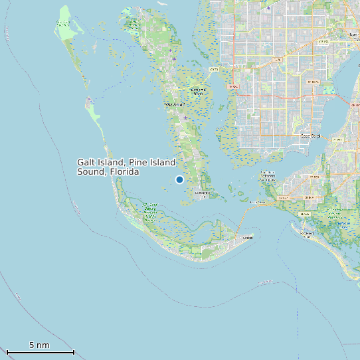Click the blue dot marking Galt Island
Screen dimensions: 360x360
coord(179,179)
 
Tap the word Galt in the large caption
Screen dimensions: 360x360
coord(87,162)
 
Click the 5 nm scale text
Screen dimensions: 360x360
coord(39,345)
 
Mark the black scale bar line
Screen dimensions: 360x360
coord(40,352)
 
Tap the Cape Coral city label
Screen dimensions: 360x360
coord(310,136)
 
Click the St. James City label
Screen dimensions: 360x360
coord(203,194)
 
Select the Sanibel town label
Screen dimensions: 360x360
coord(248,237)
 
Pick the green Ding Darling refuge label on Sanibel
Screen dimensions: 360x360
coord(150,213)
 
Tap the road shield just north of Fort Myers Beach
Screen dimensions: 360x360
coord(305,215)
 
